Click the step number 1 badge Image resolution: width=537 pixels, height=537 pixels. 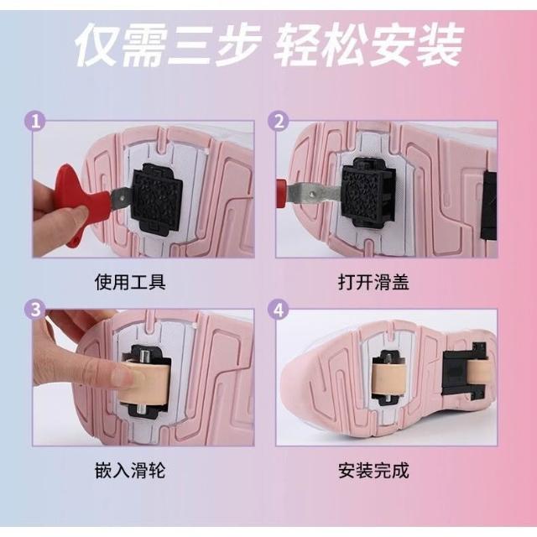pos(35,121)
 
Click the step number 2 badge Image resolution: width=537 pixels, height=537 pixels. pos(279,121)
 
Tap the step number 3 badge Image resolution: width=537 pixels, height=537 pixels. pos(35,310)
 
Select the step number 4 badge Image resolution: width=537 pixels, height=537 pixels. pos(279,310)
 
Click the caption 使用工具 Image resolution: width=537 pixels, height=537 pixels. pos(130,282)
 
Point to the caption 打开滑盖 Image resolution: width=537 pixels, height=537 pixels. pos(373,282)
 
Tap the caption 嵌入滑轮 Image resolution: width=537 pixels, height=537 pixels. pos(130,470)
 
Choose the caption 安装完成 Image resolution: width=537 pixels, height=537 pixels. pos(373,470)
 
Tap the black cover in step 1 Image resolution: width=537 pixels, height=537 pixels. pos(157,198)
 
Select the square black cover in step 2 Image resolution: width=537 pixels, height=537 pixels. pos(369,193)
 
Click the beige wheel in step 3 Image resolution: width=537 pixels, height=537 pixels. pos(145,383)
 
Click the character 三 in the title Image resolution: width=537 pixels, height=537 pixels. pos(190,45)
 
